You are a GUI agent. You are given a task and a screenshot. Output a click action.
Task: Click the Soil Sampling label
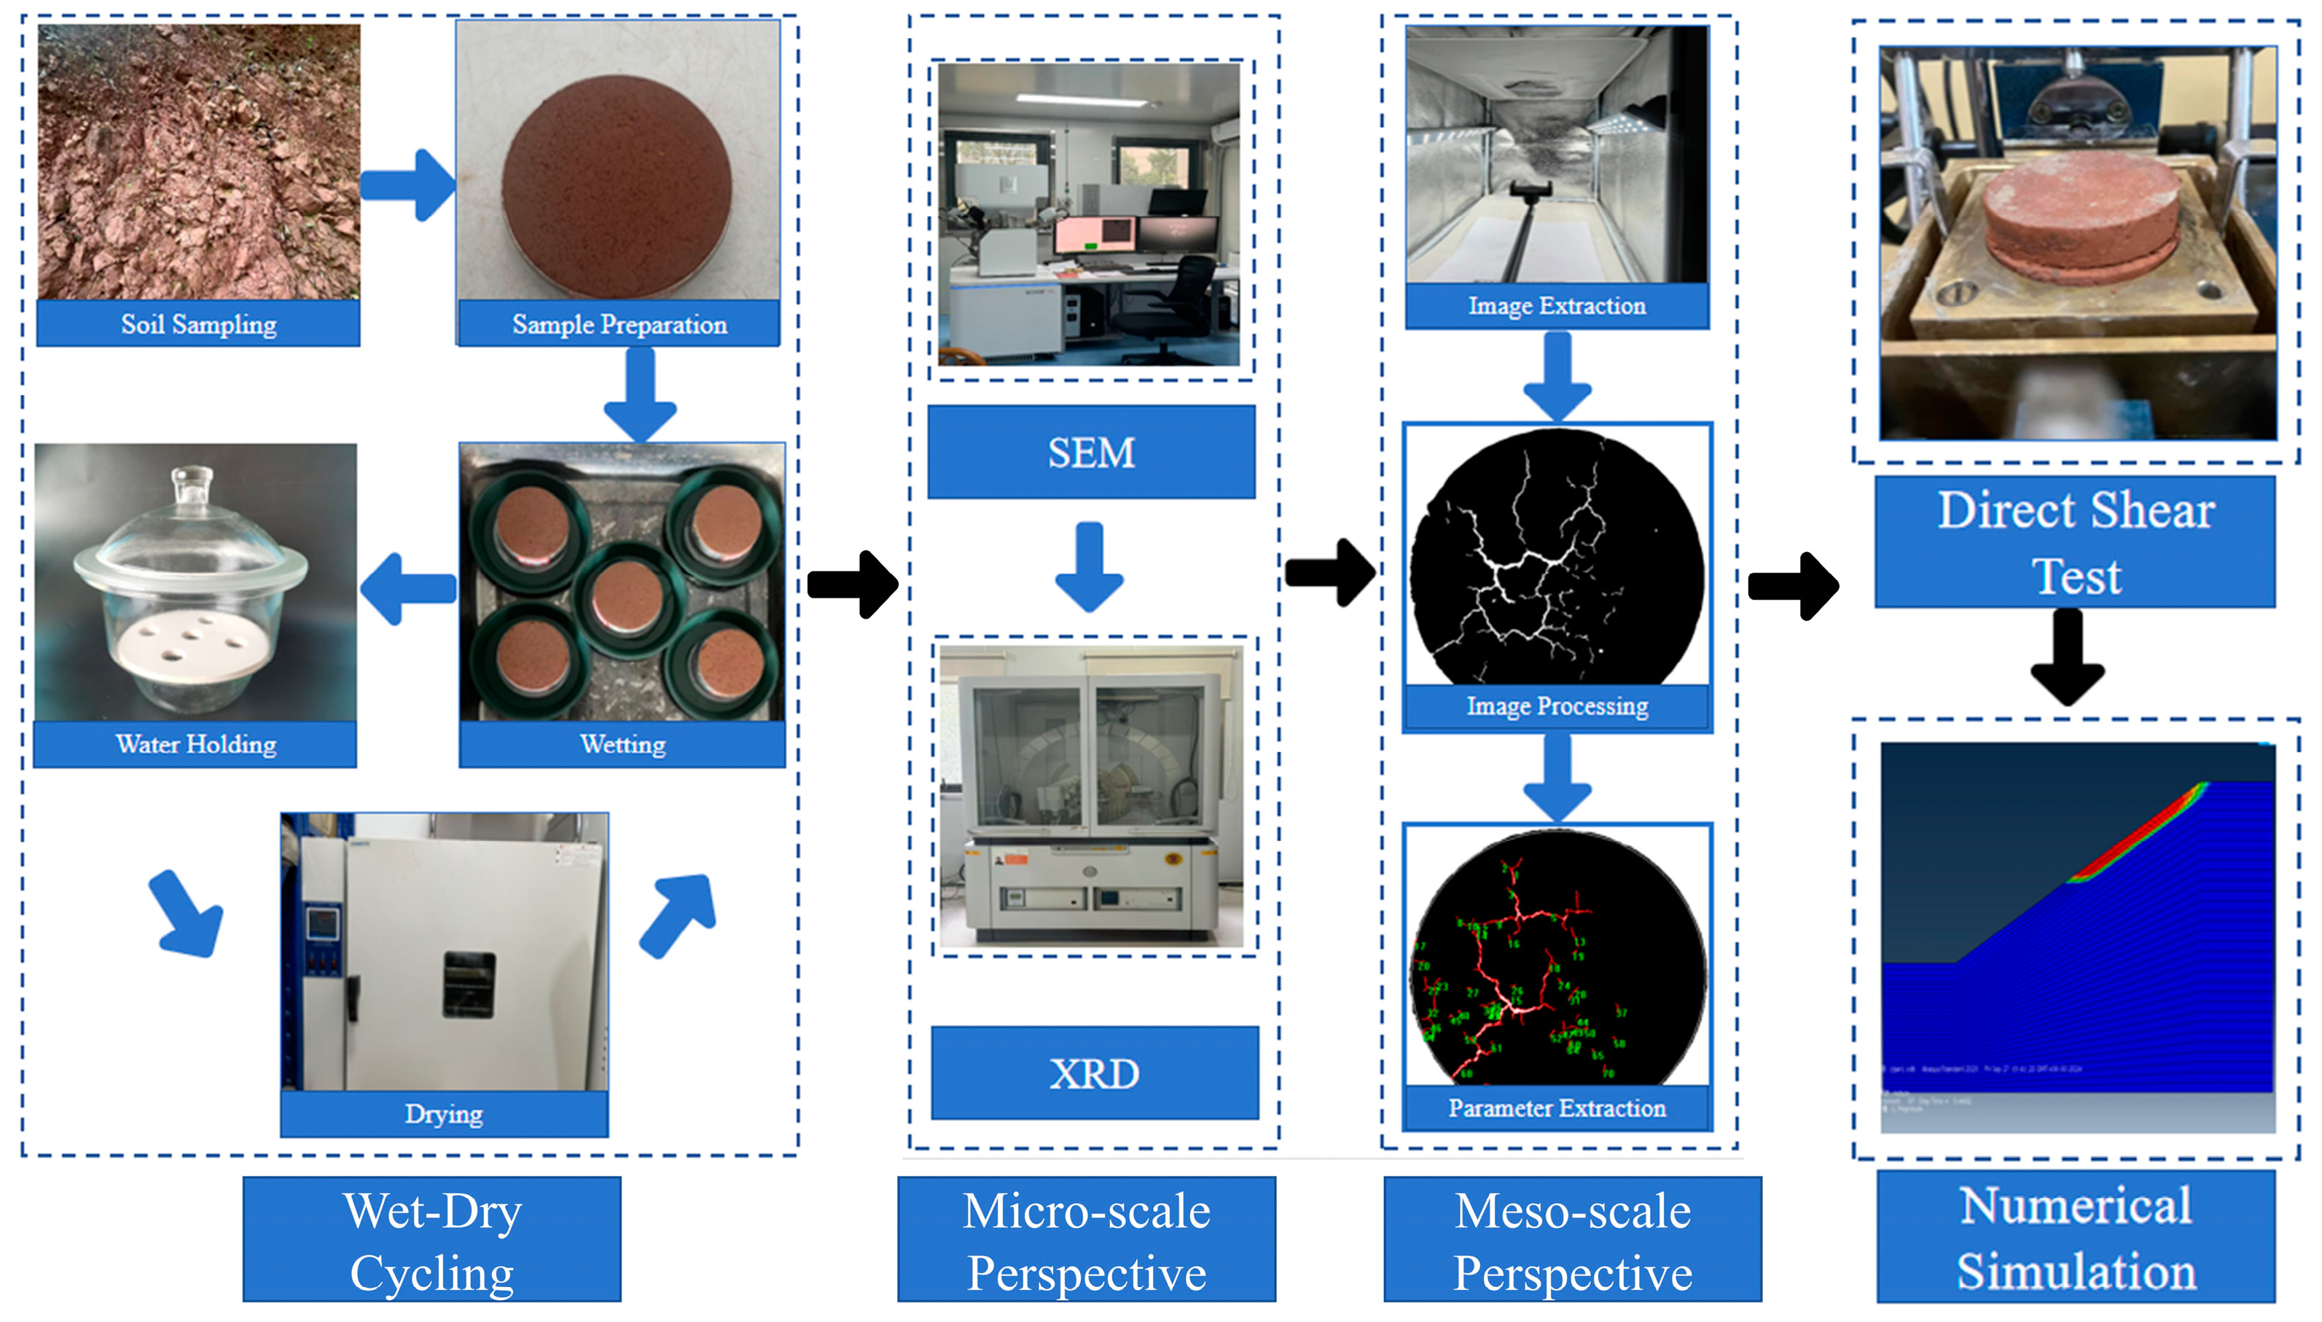click(198, 324)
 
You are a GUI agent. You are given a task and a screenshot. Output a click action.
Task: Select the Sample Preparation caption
click(619, 324)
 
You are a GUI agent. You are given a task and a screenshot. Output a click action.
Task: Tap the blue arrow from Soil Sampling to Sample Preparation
click(407, 185)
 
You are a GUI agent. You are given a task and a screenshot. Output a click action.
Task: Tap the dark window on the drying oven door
click(469, 985)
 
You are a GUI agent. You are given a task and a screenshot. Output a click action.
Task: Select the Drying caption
click(444, 1114)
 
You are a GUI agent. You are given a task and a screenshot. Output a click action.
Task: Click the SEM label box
click(1091, 452)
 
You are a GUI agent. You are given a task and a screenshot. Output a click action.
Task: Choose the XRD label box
click(1095, 1073)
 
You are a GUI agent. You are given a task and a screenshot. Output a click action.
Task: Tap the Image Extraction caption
click(1557, 307)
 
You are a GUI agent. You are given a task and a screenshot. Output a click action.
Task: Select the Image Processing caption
click(1557, 706)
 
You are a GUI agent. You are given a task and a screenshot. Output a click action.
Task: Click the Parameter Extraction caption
click(1557, 1108)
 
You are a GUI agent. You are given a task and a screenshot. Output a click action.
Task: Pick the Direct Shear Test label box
click(2075, 542)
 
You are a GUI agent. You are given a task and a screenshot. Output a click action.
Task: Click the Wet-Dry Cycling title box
click(432, 1240)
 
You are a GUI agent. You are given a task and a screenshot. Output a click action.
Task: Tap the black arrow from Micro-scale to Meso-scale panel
click(1331, 573)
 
